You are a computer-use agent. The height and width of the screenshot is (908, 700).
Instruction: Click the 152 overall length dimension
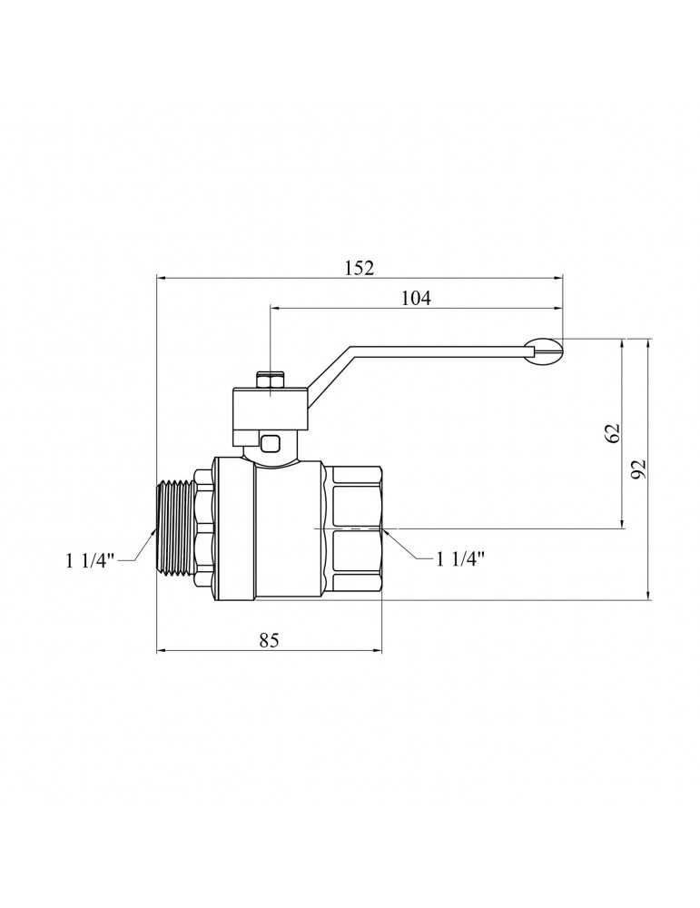360,268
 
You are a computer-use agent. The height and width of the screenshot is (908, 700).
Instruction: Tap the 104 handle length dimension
417,298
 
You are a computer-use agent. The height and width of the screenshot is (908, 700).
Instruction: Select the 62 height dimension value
613,432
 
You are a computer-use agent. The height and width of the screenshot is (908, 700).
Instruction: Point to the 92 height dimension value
638,469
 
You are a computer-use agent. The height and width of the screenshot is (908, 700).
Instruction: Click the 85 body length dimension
270,640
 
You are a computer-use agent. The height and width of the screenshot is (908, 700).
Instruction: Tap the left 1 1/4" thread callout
92,560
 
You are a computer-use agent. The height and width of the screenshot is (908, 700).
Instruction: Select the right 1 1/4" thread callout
460,558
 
